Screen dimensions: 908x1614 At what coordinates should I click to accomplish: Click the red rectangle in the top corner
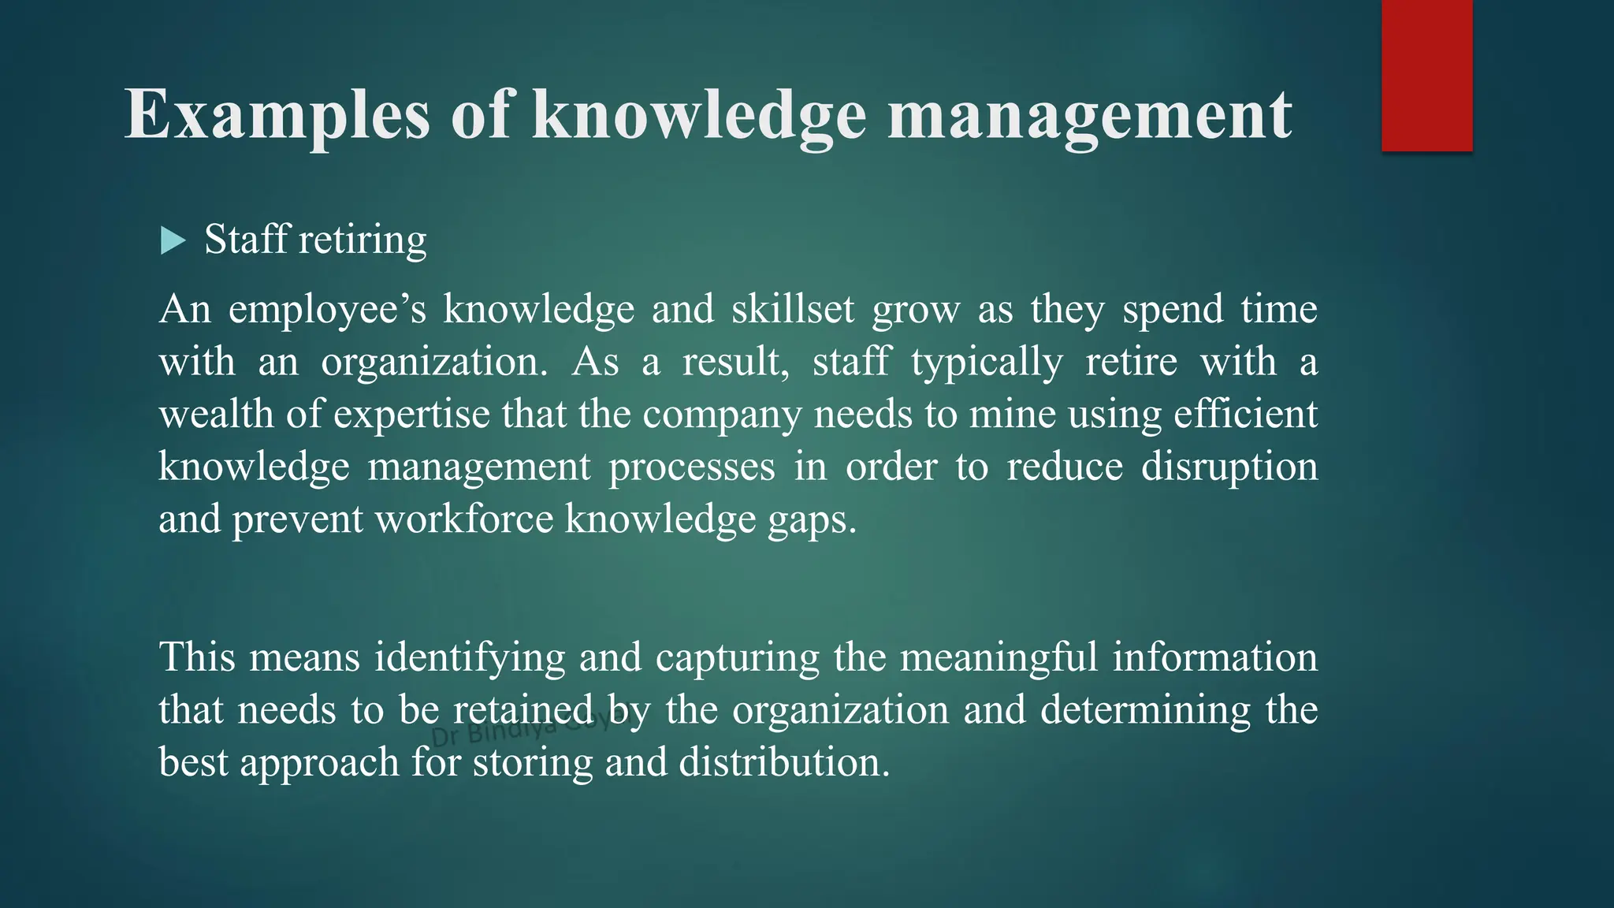coord(1426,76)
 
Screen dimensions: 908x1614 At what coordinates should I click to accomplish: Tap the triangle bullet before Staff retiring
coord(172,240)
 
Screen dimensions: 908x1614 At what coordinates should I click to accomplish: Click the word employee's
coord(327,310)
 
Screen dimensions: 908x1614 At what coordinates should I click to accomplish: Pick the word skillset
coord(793,309)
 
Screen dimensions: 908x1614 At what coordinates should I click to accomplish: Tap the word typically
coord(987,363)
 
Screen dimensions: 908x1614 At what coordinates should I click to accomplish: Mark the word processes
coord(692,467)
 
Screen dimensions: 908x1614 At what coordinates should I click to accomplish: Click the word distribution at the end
coord(784,762)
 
